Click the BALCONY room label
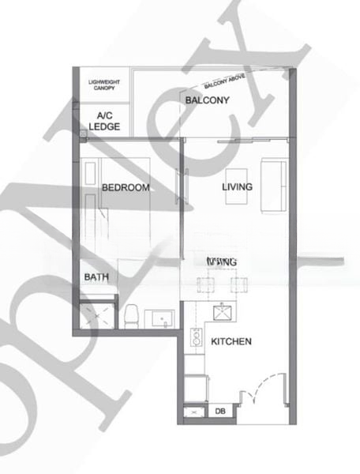207,100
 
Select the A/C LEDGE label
103,121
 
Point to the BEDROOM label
126,187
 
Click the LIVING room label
237,187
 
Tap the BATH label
96,277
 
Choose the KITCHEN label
231,341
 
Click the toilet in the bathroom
131,316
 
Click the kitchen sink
223,313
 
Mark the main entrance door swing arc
254,393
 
